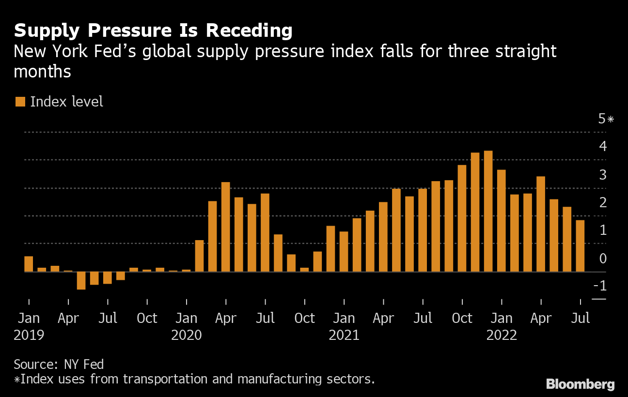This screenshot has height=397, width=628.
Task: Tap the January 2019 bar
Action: coord(29,264)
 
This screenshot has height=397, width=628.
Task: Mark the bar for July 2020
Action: coord(265,232)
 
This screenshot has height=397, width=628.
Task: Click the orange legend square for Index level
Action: coord(20,102)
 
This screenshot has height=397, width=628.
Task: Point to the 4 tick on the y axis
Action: coord(603,146)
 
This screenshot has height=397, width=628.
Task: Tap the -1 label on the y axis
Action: coord(600,286)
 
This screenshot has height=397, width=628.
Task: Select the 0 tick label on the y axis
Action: coord(603,258)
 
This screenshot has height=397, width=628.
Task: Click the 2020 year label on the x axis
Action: coord(186,335)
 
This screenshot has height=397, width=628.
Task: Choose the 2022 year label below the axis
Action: coord(502,335)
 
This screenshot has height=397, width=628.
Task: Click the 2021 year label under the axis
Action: coord(344,335)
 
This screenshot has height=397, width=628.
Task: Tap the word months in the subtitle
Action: coord(43,72)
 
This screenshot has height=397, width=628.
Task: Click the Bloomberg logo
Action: coord(580,384)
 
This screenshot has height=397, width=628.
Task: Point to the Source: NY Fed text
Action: coord(59,364)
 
